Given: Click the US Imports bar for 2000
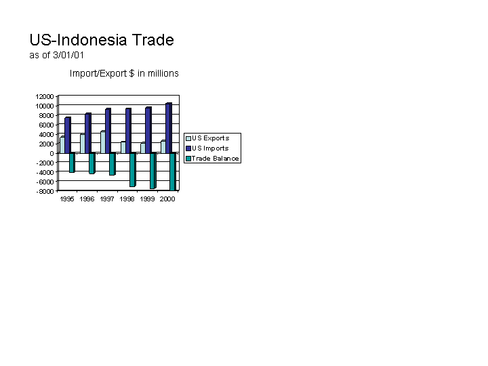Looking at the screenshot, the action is click(x=169, y=128).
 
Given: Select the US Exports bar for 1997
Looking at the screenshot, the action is click(x=103, y=142).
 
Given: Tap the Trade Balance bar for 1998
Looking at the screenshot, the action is click(x=133, y=169).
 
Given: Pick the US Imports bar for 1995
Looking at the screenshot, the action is click(x=68, y=135).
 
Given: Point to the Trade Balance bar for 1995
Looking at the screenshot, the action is click(x=72, y=163).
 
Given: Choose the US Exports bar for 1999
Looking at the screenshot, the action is click(x=143, y=148).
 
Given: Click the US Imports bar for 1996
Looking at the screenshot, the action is click(x=88, y=133).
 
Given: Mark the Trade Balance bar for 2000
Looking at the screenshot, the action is click(x=173, y=171).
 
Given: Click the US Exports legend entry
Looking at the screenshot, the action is click(x=207, y=138).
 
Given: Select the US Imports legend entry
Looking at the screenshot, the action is click(x=207, y=148).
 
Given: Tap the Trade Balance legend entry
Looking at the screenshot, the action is click(x=213, y=159).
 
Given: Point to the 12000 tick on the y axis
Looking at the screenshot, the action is click(x=45, y=96).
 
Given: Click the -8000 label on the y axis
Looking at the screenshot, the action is click(x=45, y=191).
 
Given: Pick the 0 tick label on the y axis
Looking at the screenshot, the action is click(x=52, y=153).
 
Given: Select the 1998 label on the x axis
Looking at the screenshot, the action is click(x=127, y=199).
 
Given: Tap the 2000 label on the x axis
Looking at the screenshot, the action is click(x=167, y=199).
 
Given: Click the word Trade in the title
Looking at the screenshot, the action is click(x=152, y=40).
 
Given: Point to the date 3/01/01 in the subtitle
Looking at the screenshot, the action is click(x=68, y=55).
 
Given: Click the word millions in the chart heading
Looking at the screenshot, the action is click(x=163, y=73).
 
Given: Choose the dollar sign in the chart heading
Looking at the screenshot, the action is click(x=131, y=73).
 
